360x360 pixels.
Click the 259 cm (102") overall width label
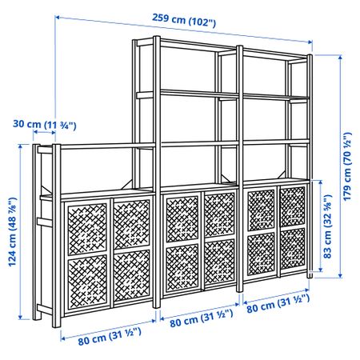[184, 21]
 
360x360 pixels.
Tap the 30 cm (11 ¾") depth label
[45, 125]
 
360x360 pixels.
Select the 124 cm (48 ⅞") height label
[12, 232]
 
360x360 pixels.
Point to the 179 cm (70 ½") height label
[347, 166]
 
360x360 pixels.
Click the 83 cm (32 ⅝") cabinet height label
[328, 226]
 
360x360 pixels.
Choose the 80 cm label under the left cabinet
[110, 336]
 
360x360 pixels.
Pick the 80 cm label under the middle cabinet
[202, 318]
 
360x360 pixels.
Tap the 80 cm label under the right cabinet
[278, 303]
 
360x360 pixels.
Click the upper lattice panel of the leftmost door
[87, 229]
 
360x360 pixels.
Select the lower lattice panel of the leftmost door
[87, 281]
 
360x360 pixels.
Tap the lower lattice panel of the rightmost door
[293, 249]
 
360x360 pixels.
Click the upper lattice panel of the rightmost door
[292, 206]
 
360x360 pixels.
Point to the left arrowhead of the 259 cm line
[57, 18]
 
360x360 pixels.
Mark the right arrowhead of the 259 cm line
[310, 42]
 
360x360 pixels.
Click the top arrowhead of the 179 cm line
[340, 58]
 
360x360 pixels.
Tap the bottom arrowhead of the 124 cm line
[20, 317]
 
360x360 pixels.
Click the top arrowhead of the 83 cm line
[320, 182]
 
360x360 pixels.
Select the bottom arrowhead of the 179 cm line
[340, 275]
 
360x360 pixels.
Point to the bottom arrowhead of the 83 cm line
[320, 270]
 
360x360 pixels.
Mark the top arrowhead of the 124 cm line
[20, 146]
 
